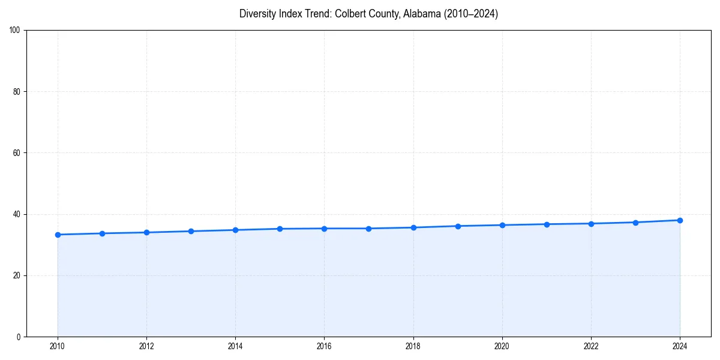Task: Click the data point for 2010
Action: click(x=58, y=235)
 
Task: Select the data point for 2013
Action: click(x=191, y=231)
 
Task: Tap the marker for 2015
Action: click(x=280, y=229)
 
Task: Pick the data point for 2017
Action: click(x=368, y=229)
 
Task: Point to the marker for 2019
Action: click(x=458, y=226)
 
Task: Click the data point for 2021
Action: click(x=547, y=224)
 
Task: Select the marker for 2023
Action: click(x=635, y=223)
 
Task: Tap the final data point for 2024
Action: click(x=680, y=220)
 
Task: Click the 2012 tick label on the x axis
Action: click(x=146, y=346)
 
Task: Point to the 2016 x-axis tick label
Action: click(x=324, y=346)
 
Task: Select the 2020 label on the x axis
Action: click(x=502, y=346)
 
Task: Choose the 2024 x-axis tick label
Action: click(x=680, y=346)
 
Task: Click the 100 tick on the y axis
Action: click(x=16, y=31)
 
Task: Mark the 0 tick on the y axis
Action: click(x=19, y=337)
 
